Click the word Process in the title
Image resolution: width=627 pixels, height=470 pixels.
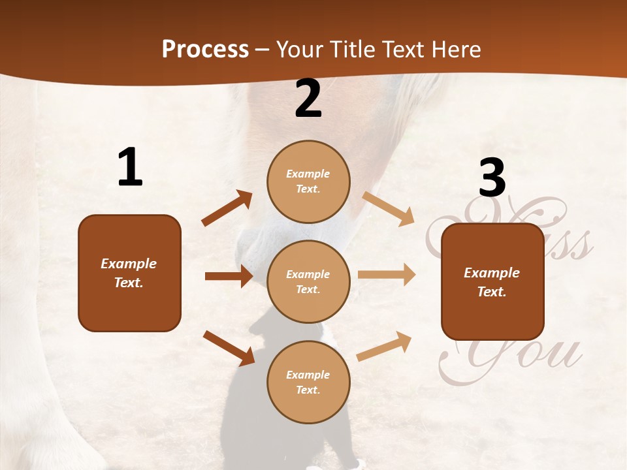(205, 49)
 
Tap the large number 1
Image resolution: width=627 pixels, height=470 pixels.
(130, 167)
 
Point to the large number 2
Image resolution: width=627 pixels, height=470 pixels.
(308, 99)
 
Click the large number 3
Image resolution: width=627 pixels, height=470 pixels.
(492, 178)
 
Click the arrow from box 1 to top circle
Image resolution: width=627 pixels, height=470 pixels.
(227, 208)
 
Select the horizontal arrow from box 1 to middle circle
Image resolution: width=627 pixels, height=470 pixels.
(228, 276)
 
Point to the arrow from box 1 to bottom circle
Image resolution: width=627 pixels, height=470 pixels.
(228, 347)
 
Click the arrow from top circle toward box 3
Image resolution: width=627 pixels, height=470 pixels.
(389, 209)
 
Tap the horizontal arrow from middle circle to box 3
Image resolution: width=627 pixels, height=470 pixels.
(386, 275)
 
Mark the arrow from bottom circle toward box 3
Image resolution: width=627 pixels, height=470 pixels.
(384, 346)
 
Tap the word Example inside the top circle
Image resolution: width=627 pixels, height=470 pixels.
(308, 174)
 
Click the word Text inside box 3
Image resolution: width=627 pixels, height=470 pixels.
(492, 292)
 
